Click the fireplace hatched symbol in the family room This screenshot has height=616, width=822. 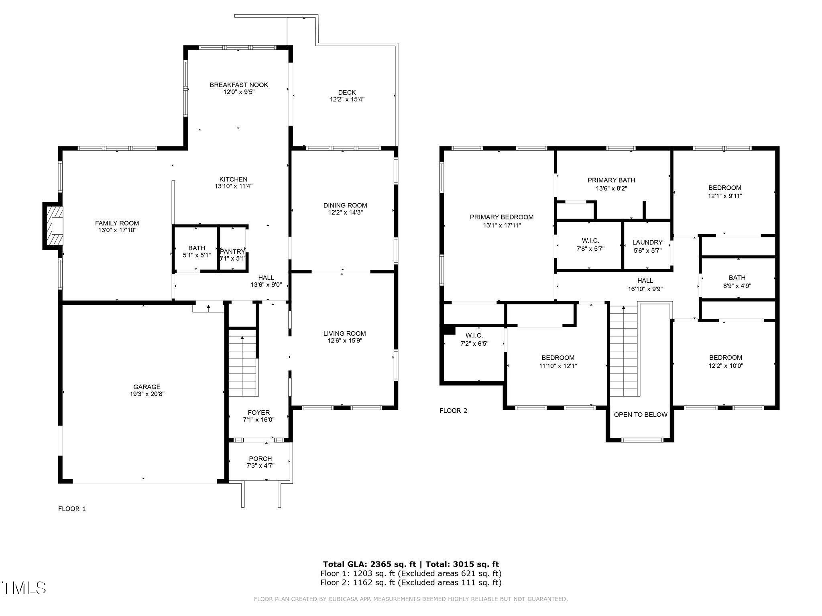pos(53,226)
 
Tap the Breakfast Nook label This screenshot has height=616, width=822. pos(239,85)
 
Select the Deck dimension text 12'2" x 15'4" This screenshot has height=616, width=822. pos(347,99)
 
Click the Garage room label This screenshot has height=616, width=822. pos(147,387)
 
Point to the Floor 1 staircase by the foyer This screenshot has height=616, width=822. pos(242,362)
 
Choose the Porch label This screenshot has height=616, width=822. pos(260,458)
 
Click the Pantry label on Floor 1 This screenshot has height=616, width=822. pos(232,251)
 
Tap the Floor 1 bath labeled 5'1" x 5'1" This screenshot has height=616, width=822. pos(196,251)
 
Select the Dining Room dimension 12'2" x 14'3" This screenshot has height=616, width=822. pos(345,213)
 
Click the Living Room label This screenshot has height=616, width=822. pos(344,333)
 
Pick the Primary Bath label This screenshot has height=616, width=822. pos(611,180)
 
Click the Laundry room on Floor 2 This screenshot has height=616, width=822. pos(647,246)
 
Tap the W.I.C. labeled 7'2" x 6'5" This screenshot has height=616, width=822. pos(474,339)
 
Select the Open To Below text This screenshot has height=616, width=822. pos(641,415)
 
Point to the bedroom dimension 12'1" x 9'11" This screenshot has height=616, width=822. pos(724,196)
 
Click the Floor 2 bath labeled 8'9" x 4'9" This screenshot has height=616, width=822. pos(737,282)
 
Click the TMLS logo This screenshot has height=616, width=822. pos(24,588)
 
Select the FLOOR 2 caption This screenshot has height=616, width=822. pos(453,411)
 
